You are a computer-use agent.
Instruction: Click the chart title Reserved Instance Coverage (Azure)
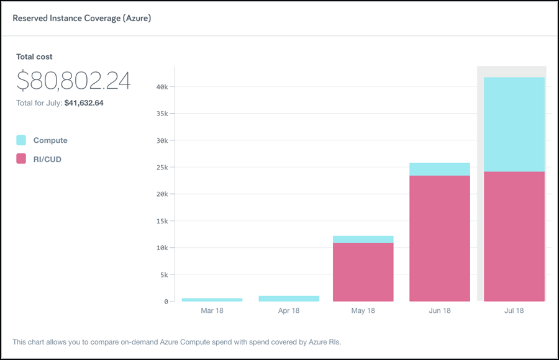coord(82,18)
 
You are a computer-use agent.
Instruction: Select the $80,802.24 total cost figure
coord(73,81)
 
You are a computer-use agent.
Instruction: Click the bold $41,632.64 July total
coord(84,103)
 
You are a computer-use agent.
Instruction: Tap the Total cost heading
coord(34,56)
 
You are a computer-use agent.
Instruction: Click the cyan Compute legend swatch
coord(21,140)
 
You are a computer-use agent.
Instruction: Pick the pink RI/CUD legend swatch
coord(21,159)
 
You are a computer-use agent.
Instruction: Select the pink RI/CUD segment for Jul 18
coord(514,236)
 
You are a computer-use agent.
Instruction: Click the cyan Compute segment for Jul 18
coord(514,124)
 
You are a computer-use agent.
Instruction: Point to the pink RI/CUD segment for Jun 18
coord(439,238)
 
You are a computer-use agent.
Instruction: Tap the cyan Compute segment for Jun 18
coord(439,169)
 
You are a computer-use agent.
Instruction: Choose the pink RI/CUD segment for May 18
coord(363,272)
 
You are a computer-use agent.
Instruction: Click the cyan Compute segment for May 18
coord(363,239)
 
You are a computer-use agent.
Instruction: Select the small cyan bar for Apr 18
coord(288,299)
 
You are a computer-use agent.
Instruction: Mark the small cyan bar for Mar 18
coord(212,300)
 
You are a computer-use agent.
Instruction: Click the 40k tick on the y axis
coord(161,87)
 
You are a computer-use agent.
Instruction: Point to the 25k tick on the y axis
coord(161,168)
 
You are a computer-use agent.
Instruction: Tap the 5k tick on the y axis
coord(163,274)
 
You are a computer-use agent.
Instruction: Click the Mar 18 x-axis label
coord(212,310)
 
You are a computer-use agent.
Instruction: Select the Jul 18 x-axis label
coord(514,310)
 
